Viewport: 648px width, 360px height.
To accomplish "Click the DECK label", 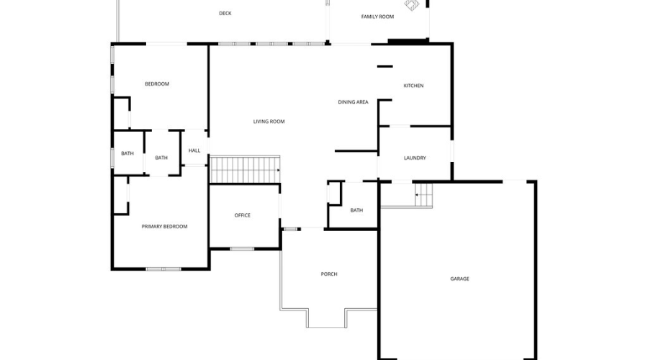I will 225,13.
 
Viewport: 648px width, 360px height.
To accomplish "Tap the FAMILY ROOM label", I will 377,17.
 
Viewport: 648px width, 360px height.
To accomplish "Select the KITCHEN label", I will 413,86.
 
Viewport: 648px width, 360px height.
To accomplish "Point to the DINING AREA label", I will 353,102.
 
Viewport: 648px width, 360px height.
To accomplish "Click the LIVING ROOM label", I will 269,122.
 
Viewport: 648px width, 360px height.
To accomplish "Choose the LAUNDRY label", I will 415,158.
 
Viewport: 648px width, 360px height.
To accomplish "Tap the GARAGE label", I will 459,279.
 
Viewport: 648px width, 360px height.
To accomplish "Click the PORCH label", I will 328,274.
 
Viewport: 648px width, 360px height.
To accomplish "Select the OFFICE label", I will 242,215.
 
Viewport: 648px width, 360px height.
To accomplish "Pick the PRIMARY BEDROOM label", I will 164,226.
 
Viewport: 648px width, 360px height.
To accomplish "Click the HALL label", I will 194,150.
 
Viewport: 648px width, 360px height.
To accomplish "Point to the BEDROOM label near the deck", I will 157,84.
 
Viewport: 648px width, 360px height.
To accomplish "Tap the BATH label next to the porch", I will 356,210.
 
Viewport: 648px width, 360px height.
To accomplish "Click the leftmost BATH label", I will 127,153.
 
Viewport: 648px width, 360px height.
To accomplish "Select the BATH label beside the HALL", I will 161,158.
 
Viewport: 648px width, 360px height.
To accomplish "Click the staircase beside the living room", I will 244,170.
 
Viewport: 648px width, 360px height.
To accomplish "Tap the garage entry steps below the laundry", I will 423,194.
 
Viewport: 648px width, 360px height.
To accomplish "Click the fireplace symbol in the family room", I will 411,5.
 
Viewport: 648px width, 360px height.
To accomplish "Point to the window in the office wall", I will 242,249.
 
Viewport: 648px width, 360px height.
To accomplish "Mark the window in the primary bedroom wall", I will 163,269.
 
